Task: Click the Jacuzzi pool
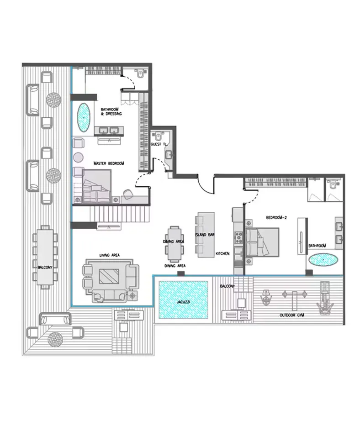(183, 300)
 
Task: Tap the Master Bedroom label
(109, 163)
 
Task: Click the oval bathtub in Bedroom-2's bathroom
(323, 260)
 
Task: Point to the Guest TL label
(159, 144)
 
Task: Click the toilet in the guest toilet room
(158, 135)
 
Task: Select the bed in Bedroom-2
(263, 242)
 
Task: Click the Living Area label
(109, 255)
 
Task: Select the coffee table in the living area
(110, 276)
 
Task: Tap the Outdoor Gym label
(292, 315)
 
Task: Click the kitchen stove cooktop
(238, 237)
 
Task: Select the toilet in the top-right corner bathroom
(333, 184)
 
